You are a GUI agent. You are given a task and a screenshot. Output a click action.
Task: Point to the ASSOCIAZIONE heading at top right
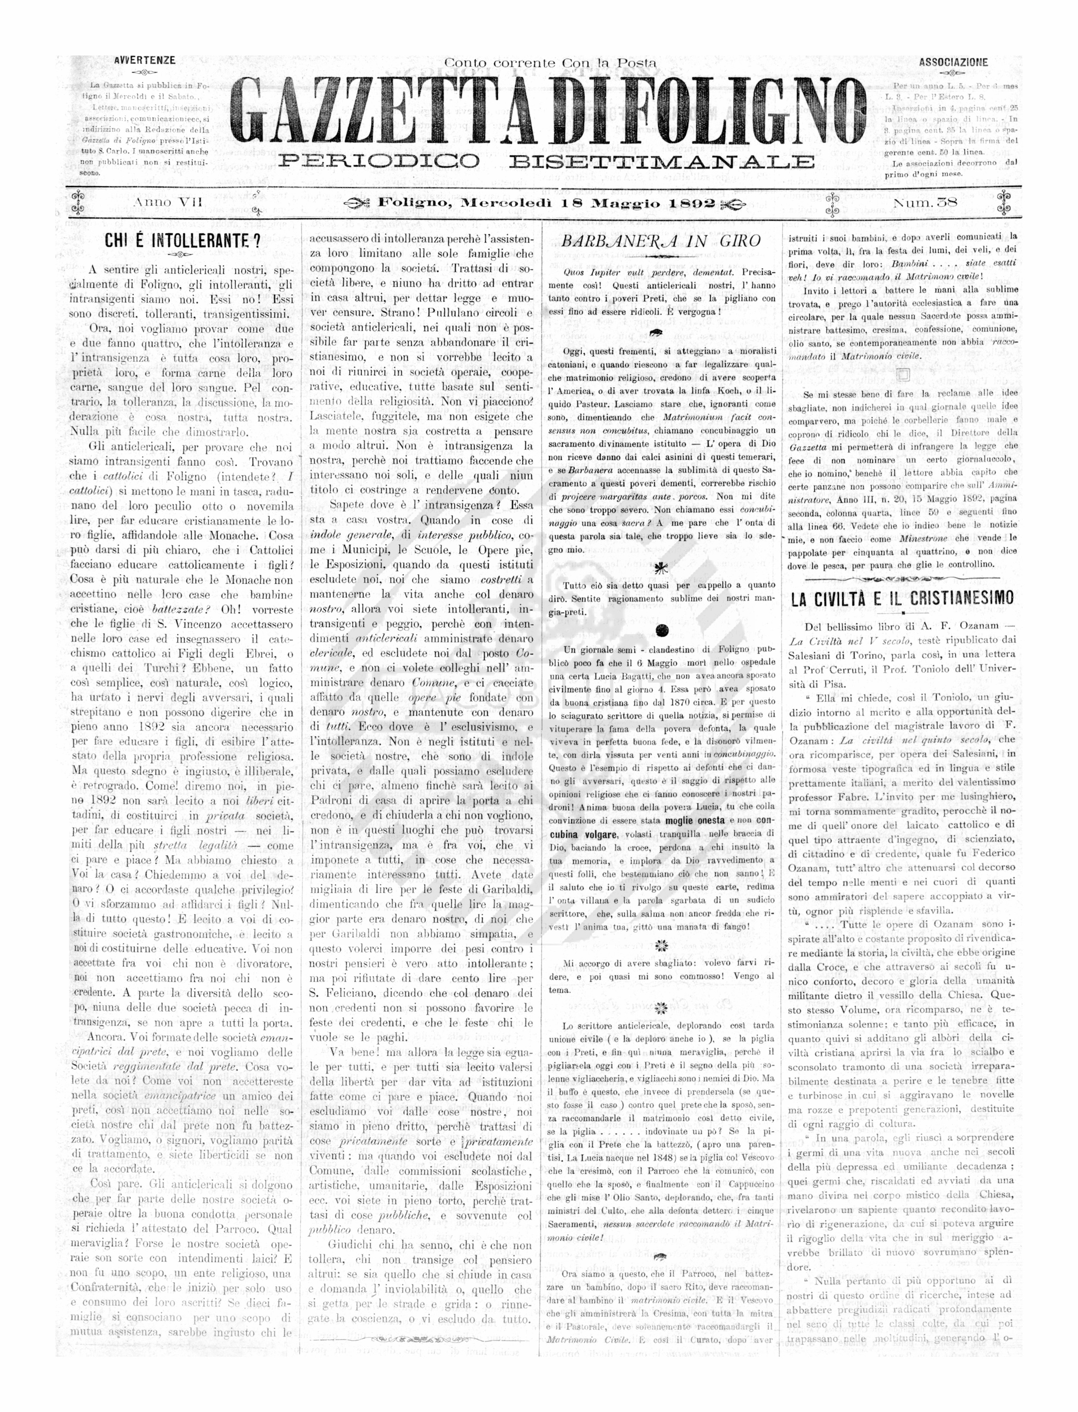[953, 63]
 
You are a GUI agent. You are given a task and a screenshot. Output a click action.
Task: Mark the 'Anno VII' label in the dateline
[167, 202]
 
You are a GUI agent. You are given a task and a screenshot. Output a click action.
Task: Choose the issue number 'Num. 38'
[924, 203]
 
